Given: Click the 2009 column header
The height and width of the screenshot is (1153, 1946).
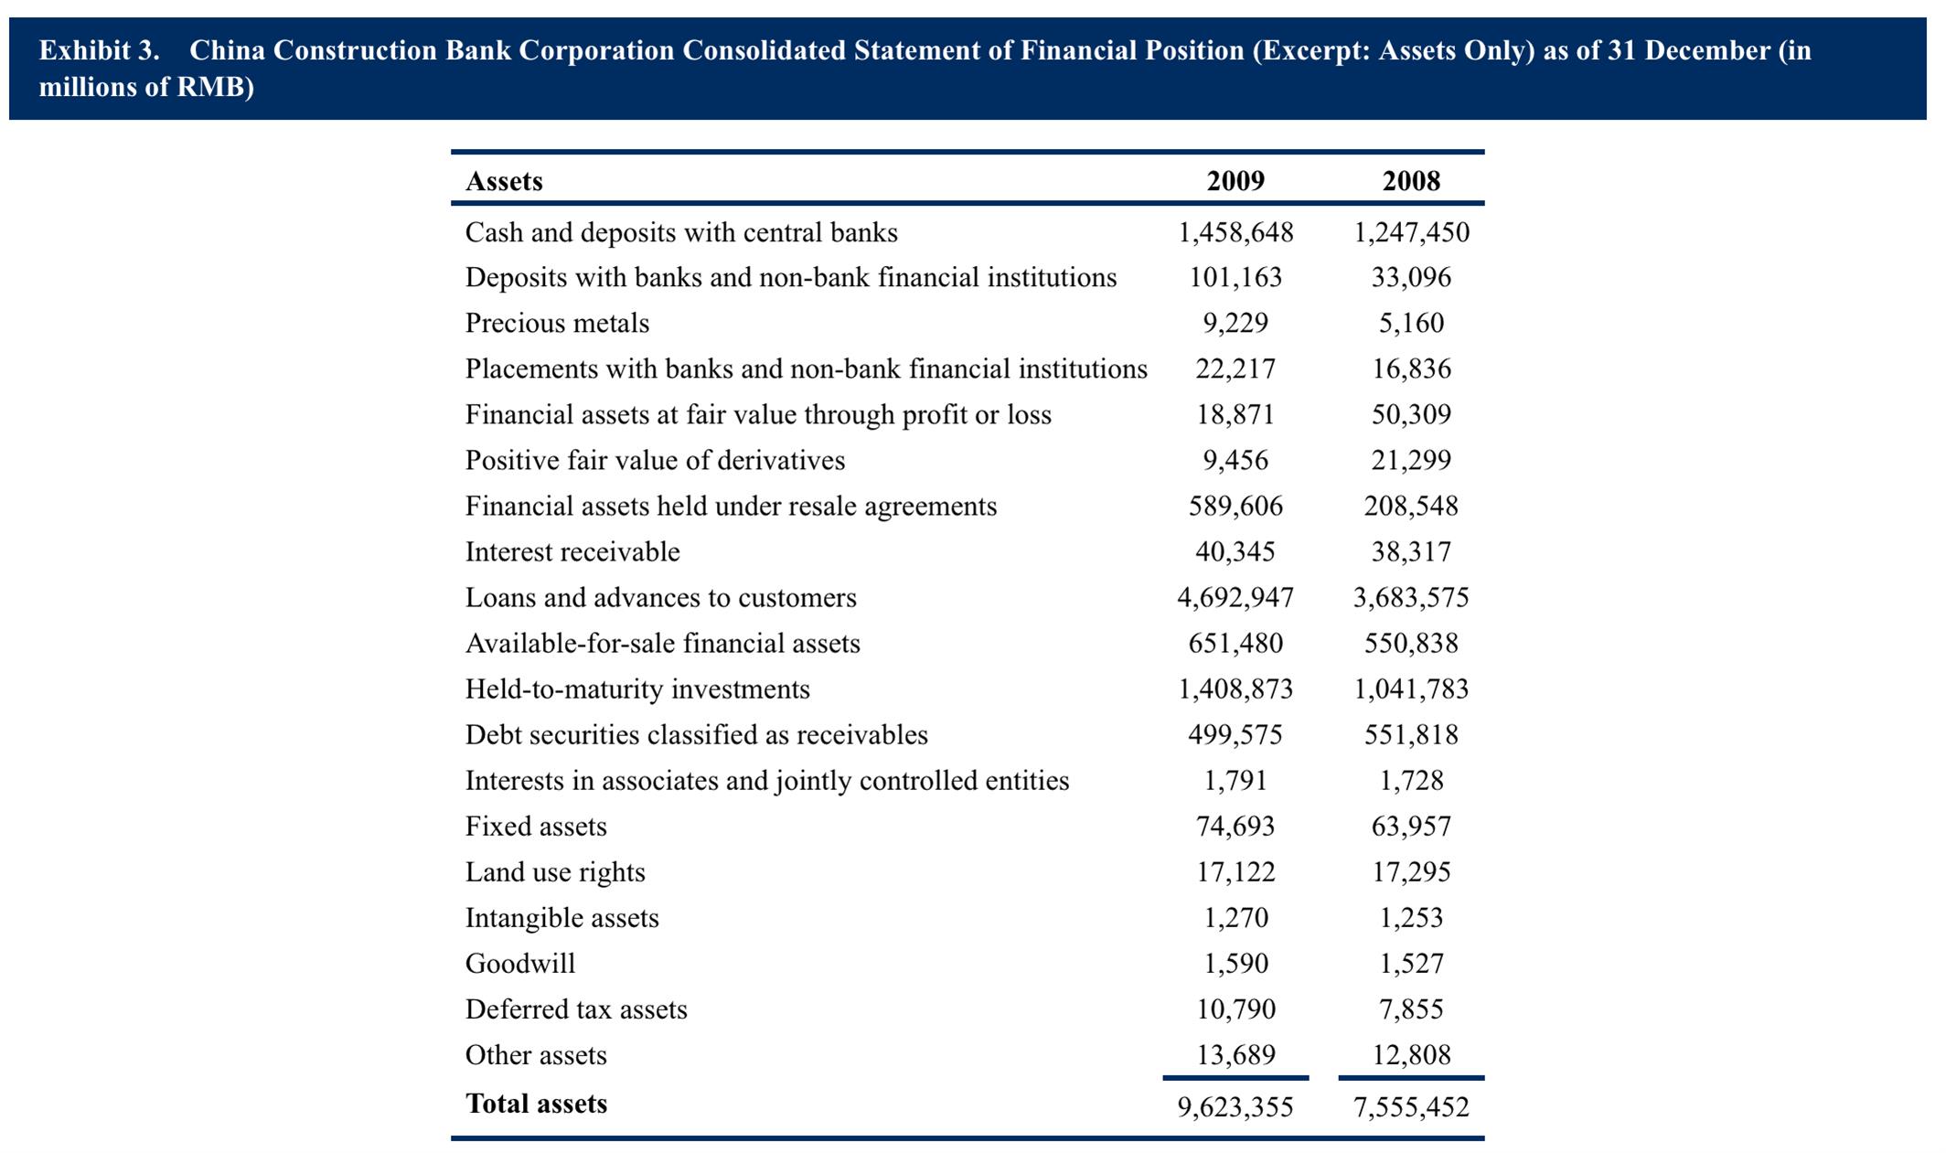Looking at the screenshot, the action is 1235,181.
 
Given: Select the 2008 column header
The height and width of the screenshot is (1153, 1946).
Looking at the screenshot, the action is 1411,181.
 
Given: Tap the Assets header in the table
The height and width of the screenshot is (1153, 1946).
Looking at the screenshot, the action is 504,181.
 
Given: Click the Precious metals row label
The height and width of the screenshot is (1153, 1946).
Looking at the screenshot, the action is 557,323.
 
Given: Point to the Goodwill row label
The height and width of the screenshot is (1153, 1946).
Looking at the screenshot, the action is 520,963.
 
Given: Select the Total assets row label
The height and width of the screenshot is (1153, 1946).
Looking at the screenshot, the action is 536,1104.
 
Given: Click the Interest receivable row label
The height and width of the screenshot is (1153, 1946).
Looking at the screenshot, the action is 572,551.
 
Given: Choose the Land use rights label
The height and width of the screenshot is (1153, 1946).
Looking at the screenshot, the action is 555,872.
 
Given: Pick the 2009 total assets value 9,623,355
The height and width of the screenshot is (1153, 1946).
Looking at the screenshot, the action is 1235,1107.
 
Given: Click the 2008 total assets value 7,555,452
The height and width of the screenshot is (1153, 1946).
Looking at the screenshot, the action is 1411,1107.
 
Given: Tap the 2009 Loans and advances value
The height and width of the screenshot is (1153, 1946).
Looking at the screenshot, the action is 1235,598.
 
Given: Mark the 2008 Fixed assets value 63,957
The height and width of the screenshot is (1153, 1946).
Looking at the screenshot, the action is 1411,827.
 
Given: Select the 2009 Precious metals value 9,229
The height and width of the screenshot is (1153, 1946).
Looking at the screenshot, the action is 1235,324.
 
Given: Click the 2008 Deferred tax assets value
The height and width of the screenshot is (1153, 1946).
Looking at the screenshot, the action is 1411,1009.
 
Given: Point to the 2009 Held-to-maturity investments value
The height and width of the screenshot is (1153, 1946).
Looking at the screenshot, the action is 1235,689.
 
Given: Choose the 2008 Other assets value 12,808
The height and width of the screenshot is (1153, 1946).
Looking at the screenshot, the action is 1411,1055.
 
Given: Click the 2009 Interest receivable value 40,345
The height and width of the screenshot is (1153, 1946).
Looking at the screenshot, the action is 1235,552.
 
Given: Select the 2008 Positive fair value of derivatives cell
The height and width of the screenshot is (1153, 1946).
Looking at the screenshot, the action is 1411,461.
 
